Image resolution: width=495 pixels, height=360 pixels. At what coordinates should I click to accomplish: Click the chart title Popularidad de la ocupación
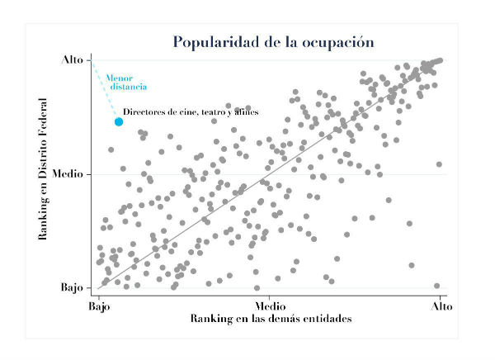click(x=273, y=41)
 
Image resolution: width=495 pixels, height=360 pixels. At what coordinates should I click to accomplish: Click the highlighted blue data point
click(x=119, y=121)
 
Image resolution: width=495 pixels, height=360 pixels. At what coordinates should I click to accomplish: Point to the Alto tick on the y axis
click(x=72, y=60)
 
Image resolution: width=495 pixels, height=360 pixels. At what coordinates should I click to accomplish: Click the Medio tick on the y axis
click(x=68, y=174)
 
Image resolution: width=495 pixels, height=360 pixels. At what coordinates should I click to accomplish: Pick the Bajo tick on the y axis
click(x=72, y=288)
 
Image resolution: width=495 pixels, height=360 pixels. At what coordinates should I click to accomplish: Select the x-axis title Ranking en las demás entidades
click(x=271, y=319)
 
